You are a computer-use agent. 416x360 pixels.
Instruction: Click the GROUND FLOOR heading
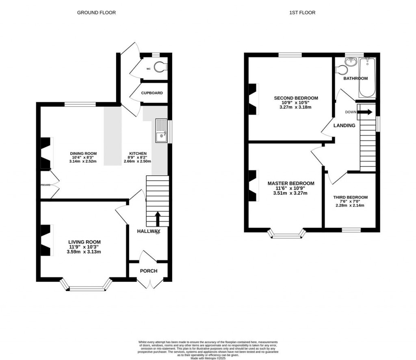click(96, 13)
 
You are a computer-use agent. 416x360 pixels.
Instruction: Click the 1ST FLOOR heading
click(302, 13)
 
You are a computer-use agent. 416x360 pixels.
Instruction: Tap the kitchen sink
click(160, 131)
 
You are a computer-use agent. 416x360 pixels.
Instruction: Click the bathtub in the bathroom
click(367, 78)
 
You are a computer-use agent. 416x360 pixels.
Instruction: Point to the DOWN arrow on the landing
click(365, 112)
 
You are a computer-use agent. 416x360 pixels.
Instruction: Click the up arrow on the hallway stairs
click(157, 218)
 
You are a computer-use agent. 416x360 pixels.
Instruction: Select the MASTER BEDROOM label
click(290, 183)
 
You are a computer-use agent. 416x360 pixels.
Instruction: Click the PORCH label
click(149, 271)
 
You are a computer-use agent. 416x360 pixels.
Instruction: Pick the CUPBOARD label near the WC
click(152, 93)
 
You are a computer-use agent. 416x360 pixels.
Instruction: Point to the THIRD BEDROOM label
click(350, 198)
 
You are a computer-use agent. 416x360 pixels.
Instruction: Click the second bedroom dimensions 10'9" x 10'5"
click(296, 103)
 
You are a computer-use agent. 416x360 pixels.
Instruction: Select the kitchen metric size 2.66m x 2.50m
click(137, 161)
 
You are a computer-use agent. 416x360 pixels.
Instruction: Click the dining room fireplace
click(46, 153)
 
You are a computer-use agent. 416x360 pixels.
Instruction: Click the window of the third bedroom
click(351, 230)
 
